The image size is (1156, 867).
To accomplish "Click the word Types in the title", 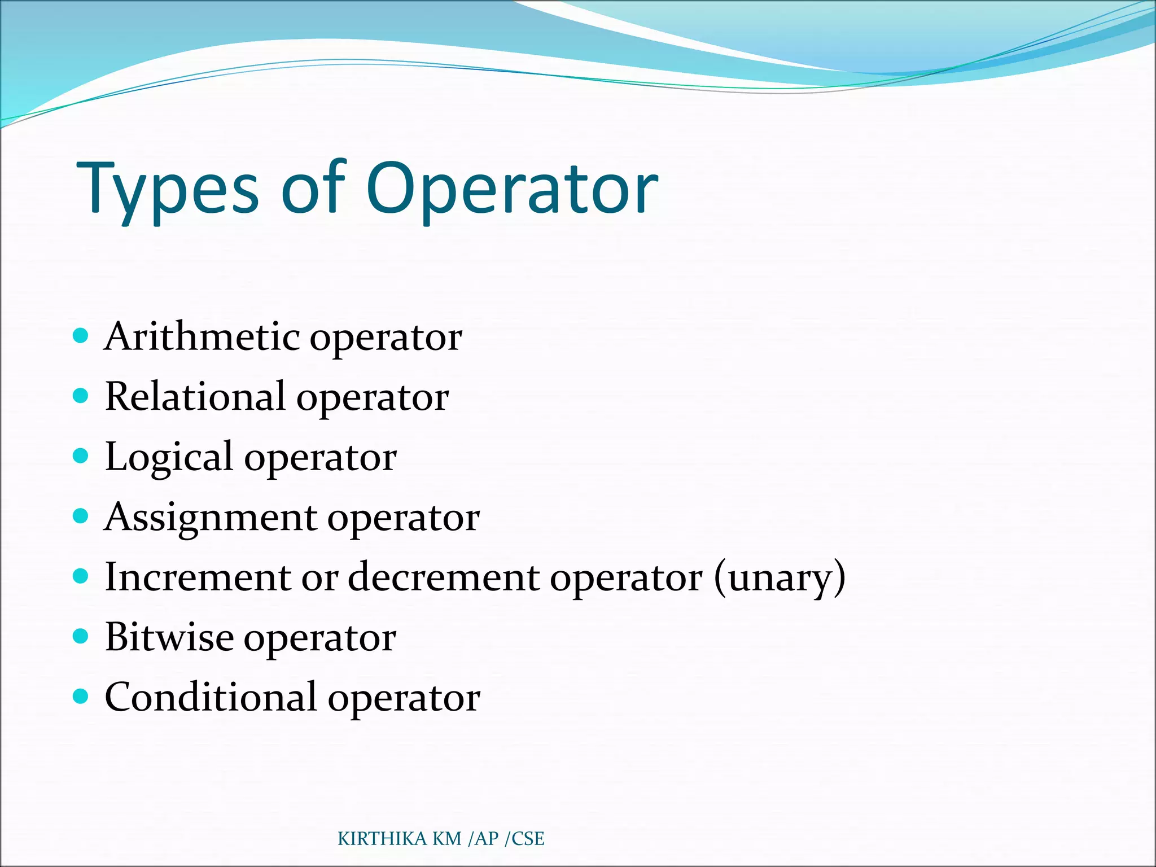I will (168, 189).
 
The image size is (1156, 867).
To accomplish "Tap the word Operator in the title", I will (512, 189).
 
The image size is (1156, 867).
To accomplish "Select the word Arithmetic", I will (202, 337).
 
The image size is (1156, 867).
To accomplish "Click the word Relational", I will (195, 397).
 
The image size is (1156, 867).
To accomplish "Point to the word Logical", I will (169, 457).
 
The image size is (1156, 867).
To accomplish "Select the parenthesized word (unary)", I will (780, 577).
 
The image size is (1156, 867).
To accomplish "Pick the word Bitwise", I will (169, 638).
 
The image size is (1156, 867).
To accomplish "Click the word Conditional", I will (211, 698).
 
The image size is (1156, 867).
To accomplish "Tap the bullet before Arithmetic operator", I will (81, 336).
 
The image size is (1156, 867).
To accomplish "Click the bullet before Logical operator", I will (81, 456).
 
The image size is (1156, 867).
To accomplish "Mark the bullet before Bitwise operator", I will (81, 636).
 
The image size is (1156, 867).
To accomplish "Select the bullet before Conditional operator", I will (81, 696).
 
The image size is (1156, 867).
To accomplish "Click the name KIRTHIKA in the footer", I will (382, 839).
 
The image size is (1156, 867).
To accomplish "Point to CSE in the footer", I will (528, 839).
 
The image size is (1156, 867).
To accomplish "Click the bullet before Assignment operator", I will (81, 516).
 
